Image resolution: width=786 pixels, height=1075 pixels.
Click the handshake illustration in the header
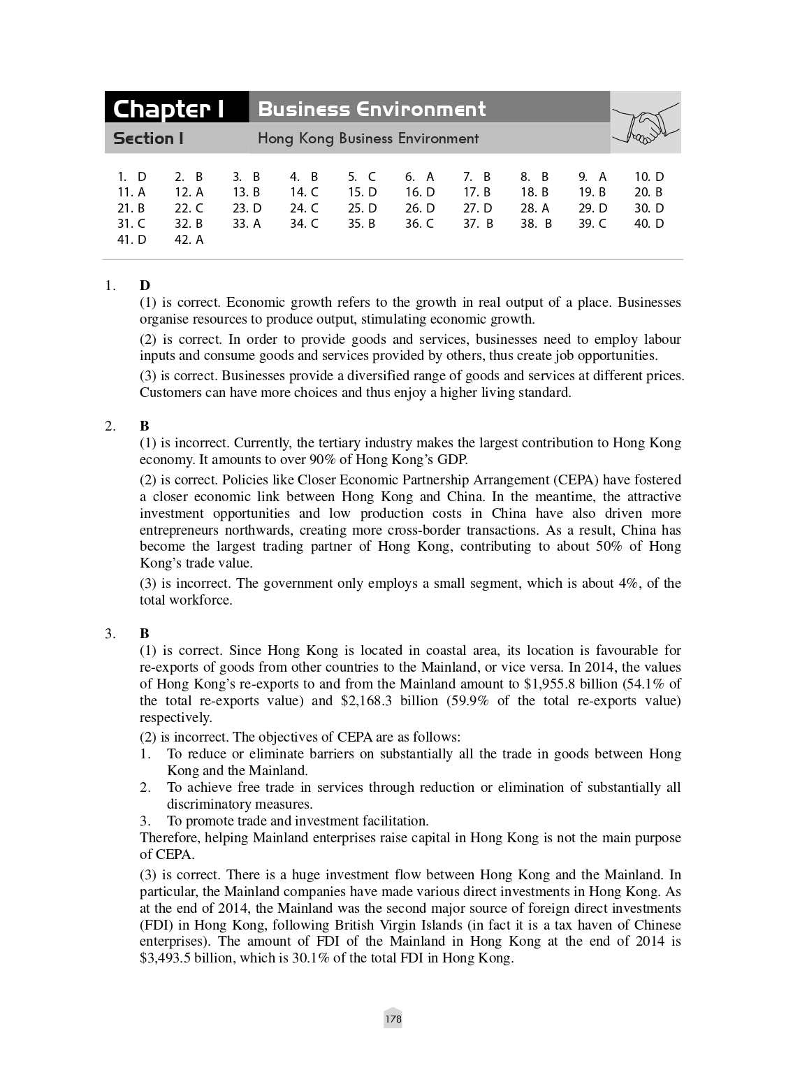tap(645, 123)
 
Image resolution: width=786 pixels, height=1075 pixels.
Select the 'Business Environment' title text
tap(371, 109)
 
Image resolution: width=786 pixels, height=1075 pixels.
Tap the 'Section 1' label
tap(148, 138)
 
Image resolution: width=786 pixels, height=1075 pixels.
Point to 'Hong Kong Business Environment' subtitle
tap(368, 138)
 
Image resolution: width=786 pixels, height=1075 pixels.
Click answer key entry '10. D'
tap(649, 177)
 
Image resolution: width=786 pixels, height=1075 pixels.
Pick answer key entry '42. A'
tap(189, 240)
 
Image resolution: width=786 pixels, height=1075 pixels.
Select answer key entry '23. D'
tap(247, 208)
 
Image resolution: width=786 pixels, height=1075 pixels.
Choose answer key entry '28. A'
tap(534, 208)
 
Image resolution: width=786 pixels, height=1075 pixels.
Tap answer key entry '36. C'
tap(419, 224)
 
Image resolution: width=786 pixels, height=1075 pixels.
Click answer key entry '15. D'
tap(362, 192)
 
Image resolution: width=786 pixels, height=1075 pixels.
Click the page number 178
tap(393, 1019)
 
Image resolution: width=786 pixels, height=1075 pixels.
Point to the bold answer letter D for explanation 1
tap(145, 285)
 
